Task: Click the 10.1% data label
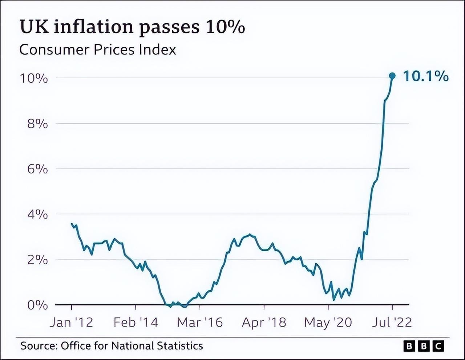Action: (426, 76)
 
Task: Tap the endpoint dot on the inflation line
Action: (392, 76)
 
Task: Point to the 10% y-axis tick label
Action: (34, 78)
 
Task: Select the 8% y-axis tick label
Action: (37, 124)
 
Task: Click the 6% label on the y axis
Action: (37, 169)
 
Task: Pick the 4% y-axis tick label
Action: (37, 215)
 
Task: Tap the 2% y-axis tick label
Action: (37, 260)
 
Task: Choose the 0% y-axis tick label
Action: (37, 305)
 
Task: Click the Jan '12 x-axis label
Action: (72, 322)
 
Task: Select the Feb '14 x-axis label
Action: (136, 322)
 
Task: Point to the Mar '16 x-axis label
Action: (200, 322)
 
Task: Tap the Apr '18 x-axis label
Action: (264, 322)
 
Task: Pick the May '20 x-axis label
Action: (328, 322)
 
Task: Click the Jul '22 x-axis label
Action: (392, 322)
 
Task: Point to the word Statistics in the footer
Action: (180, 345)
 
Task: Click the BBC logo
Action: (424, 346)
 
